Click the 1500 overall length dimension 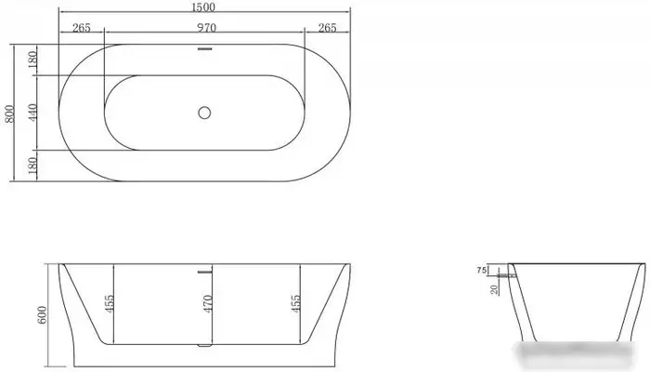point(204,8)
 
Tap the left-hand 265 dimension point(81,28)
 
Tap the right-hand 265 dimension point(327,28)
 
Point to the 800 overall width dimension point(10,113)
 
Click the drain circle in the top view point(204,113)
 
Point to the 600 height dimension point(41,314)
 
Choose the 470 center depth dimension point(209,304)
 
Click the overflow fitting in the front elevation point(204,271)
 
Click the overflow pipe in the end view point(507,275)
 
